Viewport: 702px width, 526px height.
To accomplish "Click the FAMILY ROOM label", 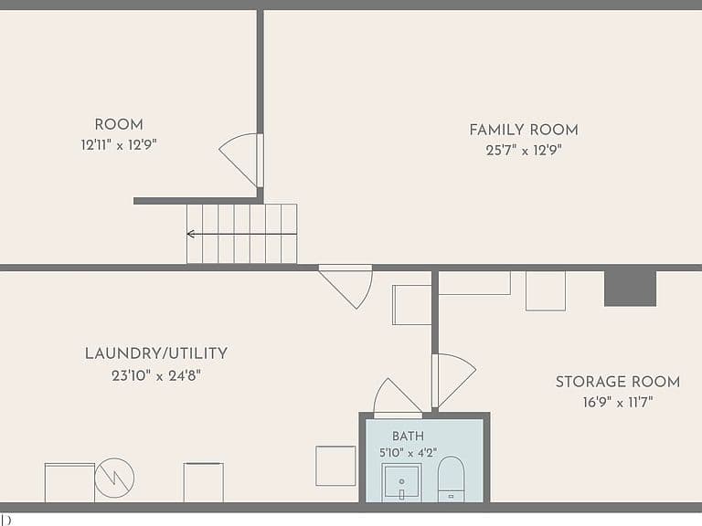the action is click(x=524, y=130).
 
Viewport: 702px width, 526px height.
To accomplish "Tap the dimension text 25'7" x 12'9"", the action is click(x=524, y=151).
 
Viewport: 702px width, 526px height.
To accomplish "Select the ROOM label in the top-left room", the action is click(x=119, y=124).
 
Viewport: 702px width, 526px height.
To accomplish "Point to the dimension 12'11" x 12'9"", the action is click(x=119, y=145).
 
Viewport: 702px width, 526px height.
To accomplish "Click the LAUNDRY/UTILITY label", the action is click(x=156, y=353).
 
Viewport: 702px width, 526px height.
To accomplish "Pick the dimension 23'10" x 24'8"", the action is click(x=156, y=375).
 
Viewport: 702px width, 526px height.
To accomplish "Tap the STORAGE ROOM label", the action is click(x=618, y=382).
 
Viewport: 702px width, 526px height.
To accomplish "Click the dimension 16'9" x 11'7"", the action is click(x=618, y=402).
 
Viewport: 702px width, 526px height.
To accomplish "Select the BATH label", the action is click(x=408, y=437).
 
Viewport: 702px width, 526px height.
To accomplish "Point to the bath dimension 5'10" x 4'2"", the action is click(x=408, y=453).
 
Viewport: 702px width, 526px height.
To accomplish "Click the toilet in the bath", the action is click(x=451, y=479).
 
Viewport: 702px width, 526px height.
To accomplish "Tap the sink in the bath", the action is click(x=401, y=482).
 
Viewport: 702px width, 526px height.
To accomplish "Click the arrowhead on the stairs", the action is click(x=191, y=234).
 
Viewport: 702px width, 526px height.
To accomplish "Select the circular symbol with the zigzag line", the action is click(x=114, y=478).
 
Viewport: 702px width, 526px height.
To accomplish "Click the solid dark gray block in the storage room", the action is click(x=631, y=289).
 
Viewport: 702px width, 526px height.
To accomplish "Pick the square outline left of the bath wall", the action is click(x=335, y=466).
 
